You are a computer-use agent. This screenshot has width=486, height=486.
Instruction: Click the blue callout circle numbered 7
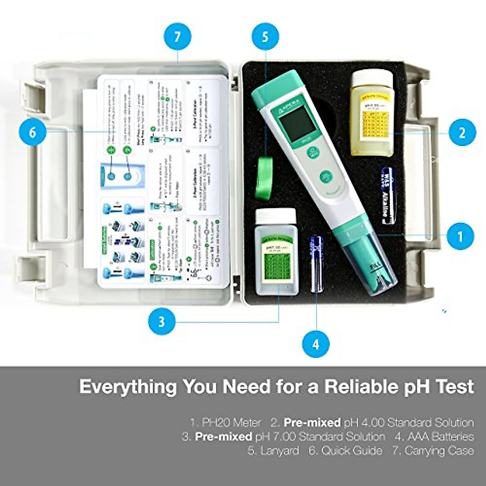pos(177,37)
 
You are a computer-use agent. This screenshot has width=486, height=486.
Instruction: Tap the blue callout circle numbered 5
pos(265,37)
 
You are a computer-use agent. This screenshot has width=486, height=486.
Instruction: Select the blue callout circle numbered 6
pos(32,132)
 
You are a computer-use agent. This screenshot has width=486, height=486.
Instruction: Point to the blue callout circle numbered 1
pos(460,235)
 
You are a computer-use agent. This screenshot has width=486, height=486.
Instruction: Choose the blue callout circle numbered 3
pos(162,322)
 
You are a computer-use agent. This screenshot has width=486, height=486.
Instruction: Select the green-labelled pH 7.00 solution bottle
pos(277,253)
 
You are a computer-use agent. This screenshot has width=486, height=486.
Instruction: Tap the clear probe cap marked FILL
pos(375,271)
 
